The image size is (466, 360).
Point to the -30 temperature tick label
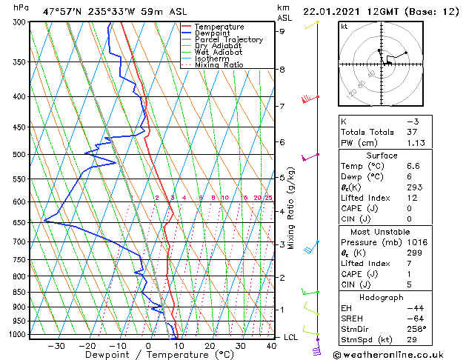tap(56, 345)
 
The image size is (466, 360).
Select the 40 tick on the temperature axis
tap(271, 345)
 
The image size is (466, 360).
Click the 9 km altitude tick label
tap(282, 31)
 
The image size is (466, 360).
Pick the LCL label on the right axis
tap(291, 337)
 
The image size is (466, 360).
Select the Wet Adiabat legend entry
tap(220, 53)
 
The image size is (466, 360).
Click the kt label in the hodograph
tap(344, 26)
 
